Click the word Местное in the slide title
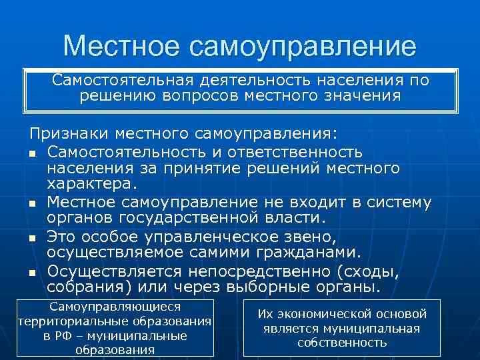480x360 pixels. click(x=121, y=46)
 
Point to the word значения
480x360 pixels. click(x=359, y=96)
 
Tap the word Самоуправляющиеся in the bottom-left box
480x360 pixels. click(x=115, y=307)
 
